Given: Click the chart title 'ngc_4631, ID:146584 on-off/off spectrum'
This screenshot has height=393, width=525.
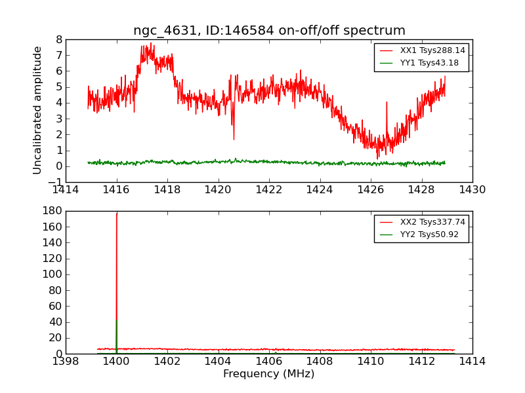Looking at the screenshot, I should tap(269, 31).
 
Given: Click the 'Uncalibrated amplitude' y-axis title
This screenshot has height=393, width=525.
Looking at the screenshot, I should tap(38, 110).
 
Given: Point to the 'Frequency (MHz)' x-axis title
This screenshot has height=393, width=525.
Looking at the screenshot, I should tap(269, 374).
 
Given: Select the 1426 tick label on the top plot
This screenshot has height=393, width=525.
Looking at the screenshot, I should tap(371, 190).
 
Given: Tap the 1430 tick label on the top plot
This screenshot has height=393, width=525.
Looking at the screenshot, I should tap(472, 190).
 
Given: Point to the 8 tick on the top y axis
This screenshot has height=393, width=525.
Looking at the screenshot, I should tap(58, 39).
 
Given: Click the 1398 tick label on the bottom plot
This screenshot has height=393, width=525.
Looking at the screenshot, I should tap(66, 361).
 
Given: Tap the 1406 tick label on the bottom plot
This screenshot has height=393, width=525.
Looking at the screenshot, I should tap(269, 361).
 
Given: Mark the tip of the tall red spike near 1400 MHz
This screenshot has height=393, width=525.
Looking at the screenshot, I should tap(117, 214).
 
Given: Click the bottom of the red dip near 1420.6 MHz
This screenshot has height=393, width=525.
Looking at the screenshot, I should tap(234, 139).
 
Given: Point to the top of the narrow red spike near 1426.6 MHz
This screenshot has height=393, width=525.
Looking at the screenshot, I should tap(387, 102).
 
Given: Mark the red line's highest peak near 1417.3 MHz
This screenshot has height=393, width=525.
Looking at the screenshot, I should tap(151, 43).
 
